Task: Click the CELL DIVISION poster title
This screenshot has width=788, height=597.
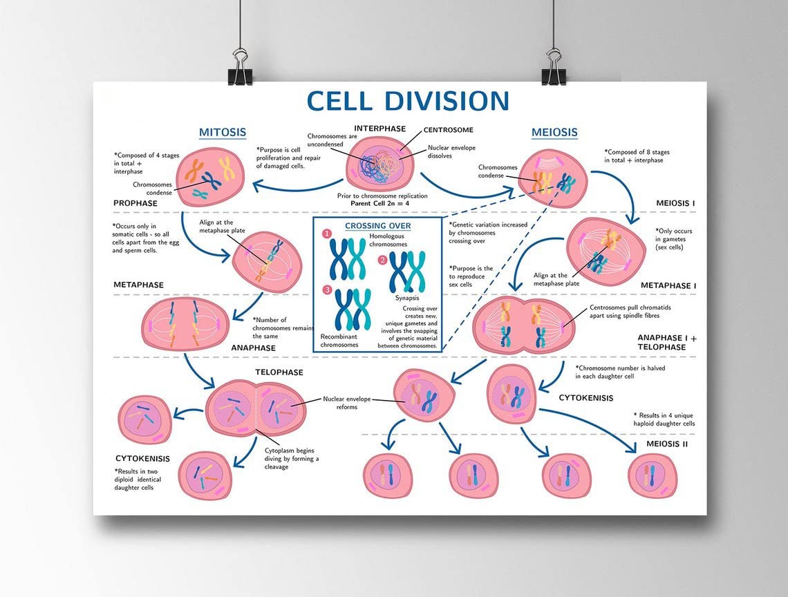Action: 408,102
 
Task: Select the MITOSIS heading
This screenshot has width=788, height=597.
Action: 223,132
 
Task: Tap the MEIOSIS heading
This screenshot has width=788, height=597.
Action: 554,132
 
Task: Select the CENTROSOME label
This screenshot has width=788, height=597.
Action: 448,129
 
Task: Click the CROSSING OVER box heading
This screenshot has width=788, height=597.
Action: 377,226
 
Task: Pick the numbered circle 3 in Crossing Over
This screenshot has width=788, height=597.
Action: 328,290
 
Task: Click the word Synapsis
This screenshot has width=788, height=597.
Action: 407,298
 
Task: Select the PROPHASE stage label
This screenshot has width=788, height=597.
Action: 135,203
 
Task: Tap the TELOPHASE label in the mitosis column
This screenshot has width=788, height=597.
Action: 279,372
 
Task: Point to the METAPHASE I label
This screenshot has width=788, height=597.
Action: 668,285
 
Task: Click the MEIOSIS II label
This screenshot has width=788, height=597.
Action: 667,444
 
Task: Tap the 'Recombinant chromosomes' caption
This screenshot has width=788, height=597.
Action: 339,340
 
